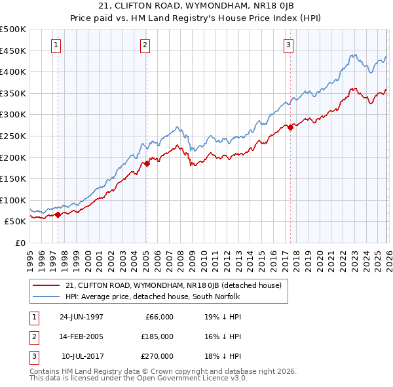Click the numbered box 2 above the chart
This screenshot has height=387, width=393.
coord(144,45)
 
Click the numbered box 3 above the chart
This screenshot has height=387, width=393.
coord(288,45)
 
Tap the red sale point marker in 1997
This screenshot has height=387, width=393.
coord(58,214)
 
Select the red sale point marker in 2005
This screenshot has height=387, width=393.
coord(147,164)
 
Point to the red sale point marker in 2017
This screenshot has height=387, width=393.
coord(290,128)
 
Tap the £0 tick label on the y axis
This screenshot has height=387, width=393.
coord(20,243)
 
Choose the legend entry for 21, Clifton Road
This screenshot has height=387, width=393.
coord(174,285)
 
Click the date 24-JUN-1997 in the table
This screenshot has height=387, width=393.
coord(81,317)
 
